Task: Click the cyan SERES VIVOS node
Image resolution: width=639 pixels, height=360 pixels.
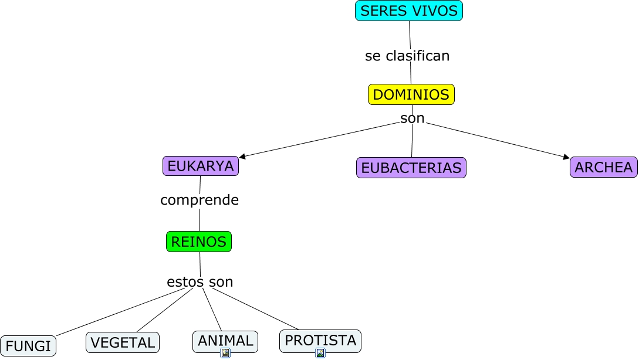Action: (x=409, y=11)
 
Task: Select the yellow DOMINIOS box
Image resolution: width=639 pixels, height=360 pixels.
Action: (x=411, y=94)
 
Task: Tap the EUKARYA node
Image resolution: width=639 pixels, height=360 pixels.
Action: (x=201, y=166)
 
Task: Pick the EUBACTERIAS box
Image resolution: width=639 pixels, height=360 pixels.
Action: (x=411, y=168)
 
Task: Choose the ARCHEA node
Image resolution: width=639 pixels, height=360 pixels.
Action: (x=603, y=167)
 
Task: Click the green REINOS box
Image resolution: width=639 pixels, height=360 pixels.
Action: (x=199, y=242)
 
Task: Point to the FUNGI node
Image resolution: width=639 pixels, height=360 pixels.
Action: (x=28, y=346)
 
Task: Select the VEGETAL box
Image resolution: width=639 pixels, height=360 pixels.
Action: (x=123, y=342)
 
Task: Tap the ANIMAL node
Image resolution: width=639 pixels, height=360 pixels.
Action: (x=225, y=341)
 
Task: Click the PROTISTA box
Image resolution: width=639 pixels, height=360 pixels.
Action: (x=320, y=340)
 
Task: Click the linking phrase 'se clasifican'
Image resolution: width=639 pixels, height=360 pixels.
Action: (x=407, y=56)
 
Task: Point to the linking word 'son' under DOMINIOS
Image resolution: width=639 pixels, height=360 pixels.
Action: (x=413, y=118)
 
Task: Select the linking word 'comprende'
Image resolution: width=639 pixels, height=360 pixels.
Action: (x=200, y=200)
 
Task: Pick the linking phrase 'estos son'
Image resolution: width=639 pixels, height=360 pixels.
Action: (x=200, y=282)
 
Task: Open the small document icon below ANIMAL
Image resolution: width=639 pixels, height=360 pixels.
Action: (x=225, y=353)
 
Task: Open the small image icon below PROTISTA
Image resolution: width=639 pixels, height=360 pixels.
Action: (x=320, y=353)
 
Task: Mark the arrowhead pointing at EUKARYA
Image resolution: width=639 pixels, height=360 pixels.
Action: (x=242, y=157)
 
